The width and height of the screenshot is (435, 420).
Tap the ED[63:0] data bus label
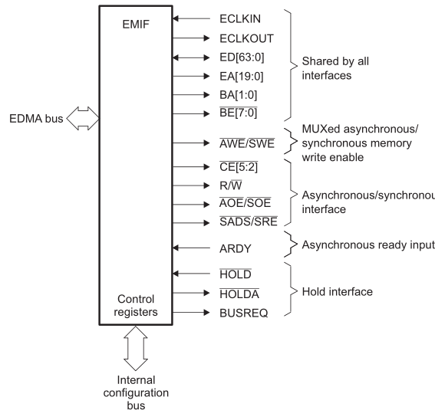[240, 56]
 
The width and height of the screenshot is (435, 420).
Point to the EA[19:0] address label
[240, 75]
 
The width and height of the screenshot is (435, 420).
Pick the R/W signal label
[231, 185]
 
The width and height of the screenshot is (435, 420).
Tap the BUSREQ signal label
[243, 313]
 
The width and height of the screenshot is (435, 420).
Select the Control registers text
[134, 306]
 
